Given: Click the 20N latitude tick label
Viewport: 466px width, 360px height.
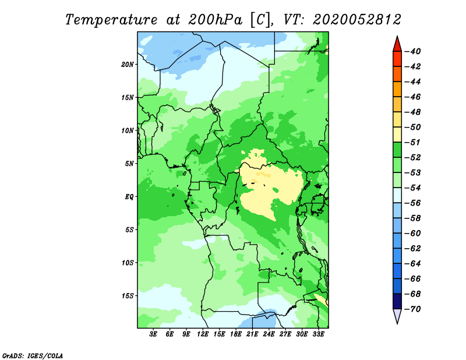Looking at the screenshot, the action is (x=128, y=65).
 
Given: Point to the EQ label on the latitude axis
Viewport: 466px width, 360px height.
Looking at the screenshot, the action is (x=129, y=197).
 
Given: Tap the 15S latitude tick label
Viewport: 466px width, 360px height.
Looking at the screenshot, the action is (x=128, y=296).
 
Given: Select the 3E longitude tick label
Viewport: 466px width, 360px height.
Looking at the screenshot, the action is (x=153, y=334).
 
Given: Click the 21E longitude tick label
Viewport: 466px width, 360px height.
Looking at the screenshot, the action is (x=252, y=334).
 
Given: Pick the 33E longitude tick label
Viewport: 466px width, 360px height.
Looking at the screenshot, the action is (x=318, y=334).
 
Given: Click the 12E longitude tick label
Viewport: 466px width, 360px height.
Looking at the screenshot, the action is (x=202, y=334).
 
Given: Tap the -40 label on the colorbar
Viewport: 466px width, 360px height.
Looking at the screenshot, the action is (x=413, y=51).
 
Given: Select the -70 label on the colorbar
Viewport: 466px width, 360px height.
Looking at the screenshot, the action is (x=413, y=309).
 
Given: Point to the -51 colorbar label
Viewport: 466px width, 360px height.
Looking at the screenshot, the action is (x=413, y=142).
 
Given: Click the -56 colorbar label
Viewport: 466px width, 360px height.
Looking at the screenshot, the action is (x=413, y=203).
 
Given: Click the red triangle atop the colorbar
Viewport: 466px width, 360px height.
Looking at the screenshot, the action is (x=397, y=44).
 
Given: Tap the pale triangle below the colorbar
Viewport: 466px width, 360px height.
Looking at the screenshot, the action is (x=397, y=316).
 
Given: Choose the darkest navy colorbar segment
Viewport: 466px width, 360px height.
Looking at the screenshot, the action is (x=397, y=301).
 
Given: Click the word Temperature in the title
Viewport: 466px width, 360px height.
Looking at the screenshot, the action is (x=111, y=20).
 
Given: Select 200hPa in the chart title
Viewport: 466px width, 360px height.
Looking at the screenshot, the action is (x=215, y=20).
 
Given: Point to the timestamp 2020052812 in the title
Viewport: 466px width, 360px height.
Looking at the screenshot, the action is (x=357, y=20).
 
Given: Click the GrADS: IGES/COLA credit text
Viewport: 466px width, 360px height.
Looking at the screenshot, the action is (x=33, y=356).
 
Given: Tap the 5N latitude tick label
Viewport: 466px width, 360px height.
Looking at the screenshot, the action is (x=129, y=164).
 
